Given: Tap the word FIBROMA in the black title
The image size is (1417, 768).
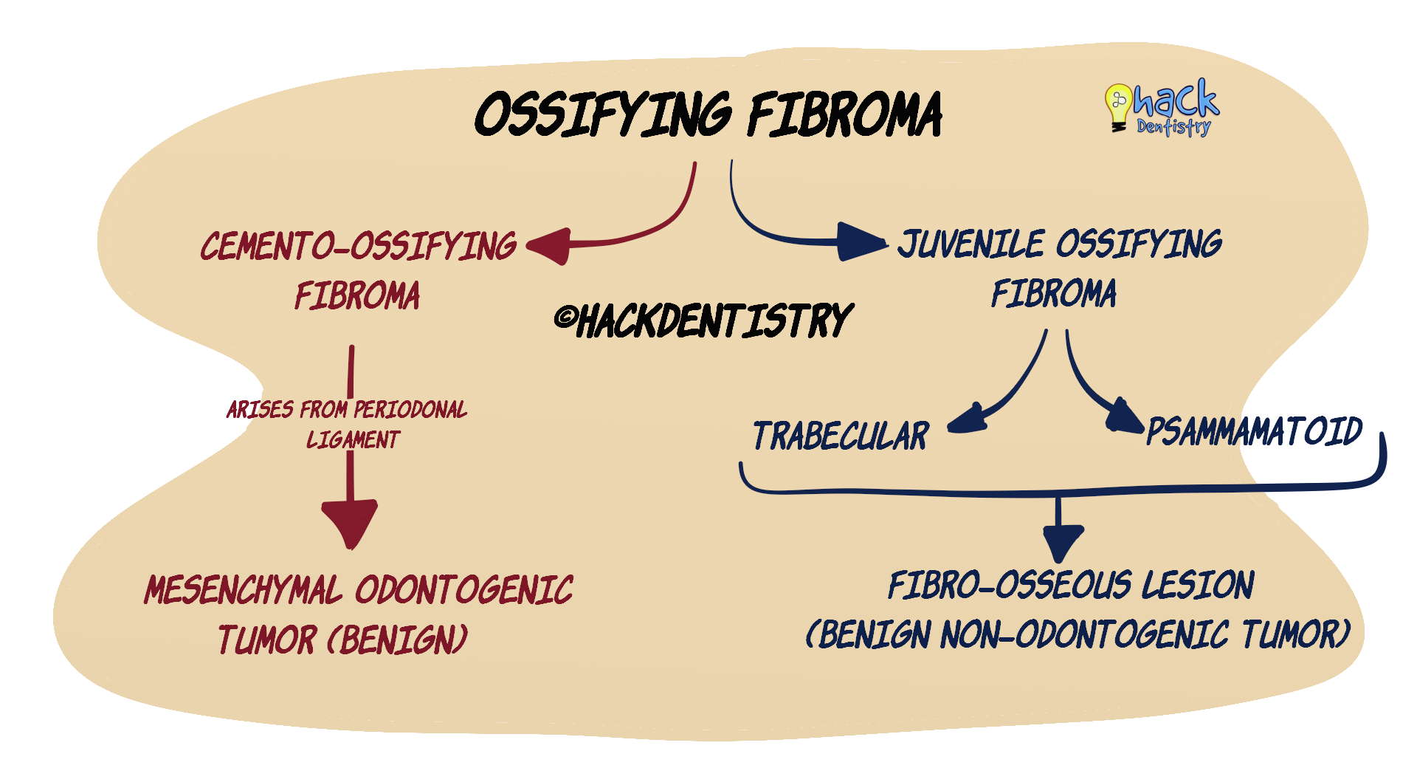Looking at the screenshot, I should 845,115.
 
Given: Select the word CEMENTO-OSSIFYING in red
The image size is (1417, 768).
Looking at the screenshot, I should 359,246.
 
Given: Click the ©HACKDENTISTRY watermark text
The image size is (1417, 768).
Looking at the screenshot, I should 704,321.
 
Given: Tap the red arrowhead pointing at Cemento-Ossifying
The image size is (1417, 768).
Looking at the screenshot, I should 551,246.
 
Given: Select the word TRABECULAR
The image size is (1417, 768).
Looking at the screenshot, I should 841,436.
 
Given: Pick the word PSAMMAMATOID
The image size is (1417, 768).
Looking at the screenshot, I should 1254,431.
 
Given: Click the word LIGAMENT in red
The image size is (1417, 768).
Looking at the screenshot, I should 353,440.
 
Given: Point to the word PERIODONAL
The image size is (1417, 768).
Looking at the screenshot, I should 410,410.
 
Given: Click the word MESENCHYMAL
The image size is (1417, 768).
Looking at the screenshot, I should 244,591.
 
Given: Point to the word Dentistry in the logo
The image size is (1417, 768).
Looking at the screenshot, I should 1173,127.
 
